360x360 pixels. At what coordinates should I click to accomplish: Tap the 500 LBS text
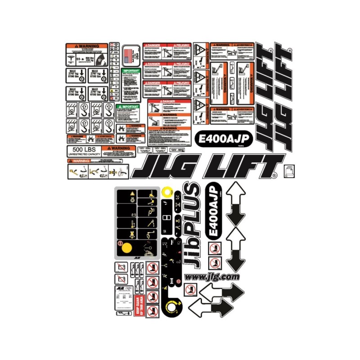[79, 149]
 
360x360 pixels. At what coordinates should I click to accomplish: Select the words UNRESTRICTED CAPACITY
[83, 154]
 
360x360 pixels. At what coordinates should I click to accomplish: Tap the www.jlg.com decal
[212, 277]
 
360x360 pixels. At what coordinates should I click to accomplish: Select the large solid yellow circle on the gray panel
[126, 247]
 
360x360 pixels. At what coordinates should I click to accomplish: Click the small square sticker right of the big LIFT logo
[289, 171]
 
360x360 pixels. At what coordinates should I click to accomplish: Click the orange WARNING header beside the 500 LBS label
[118, 148]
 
